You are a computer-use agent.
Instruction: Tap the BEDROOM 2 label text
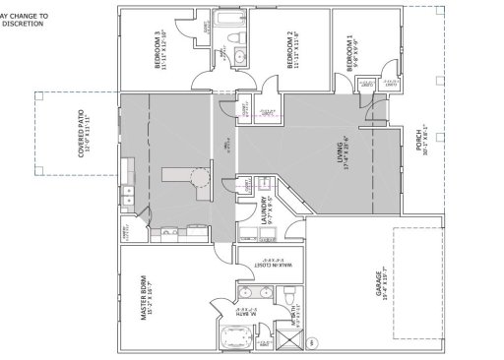(x=291, y=48)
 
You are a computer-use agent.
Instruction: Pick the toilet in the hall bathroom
(x=236, y=38)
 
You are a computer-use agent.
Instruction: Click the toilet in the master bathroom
(x=285, y=292)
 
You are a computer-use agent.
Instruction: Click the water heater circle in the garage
(x=312, y=343)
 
